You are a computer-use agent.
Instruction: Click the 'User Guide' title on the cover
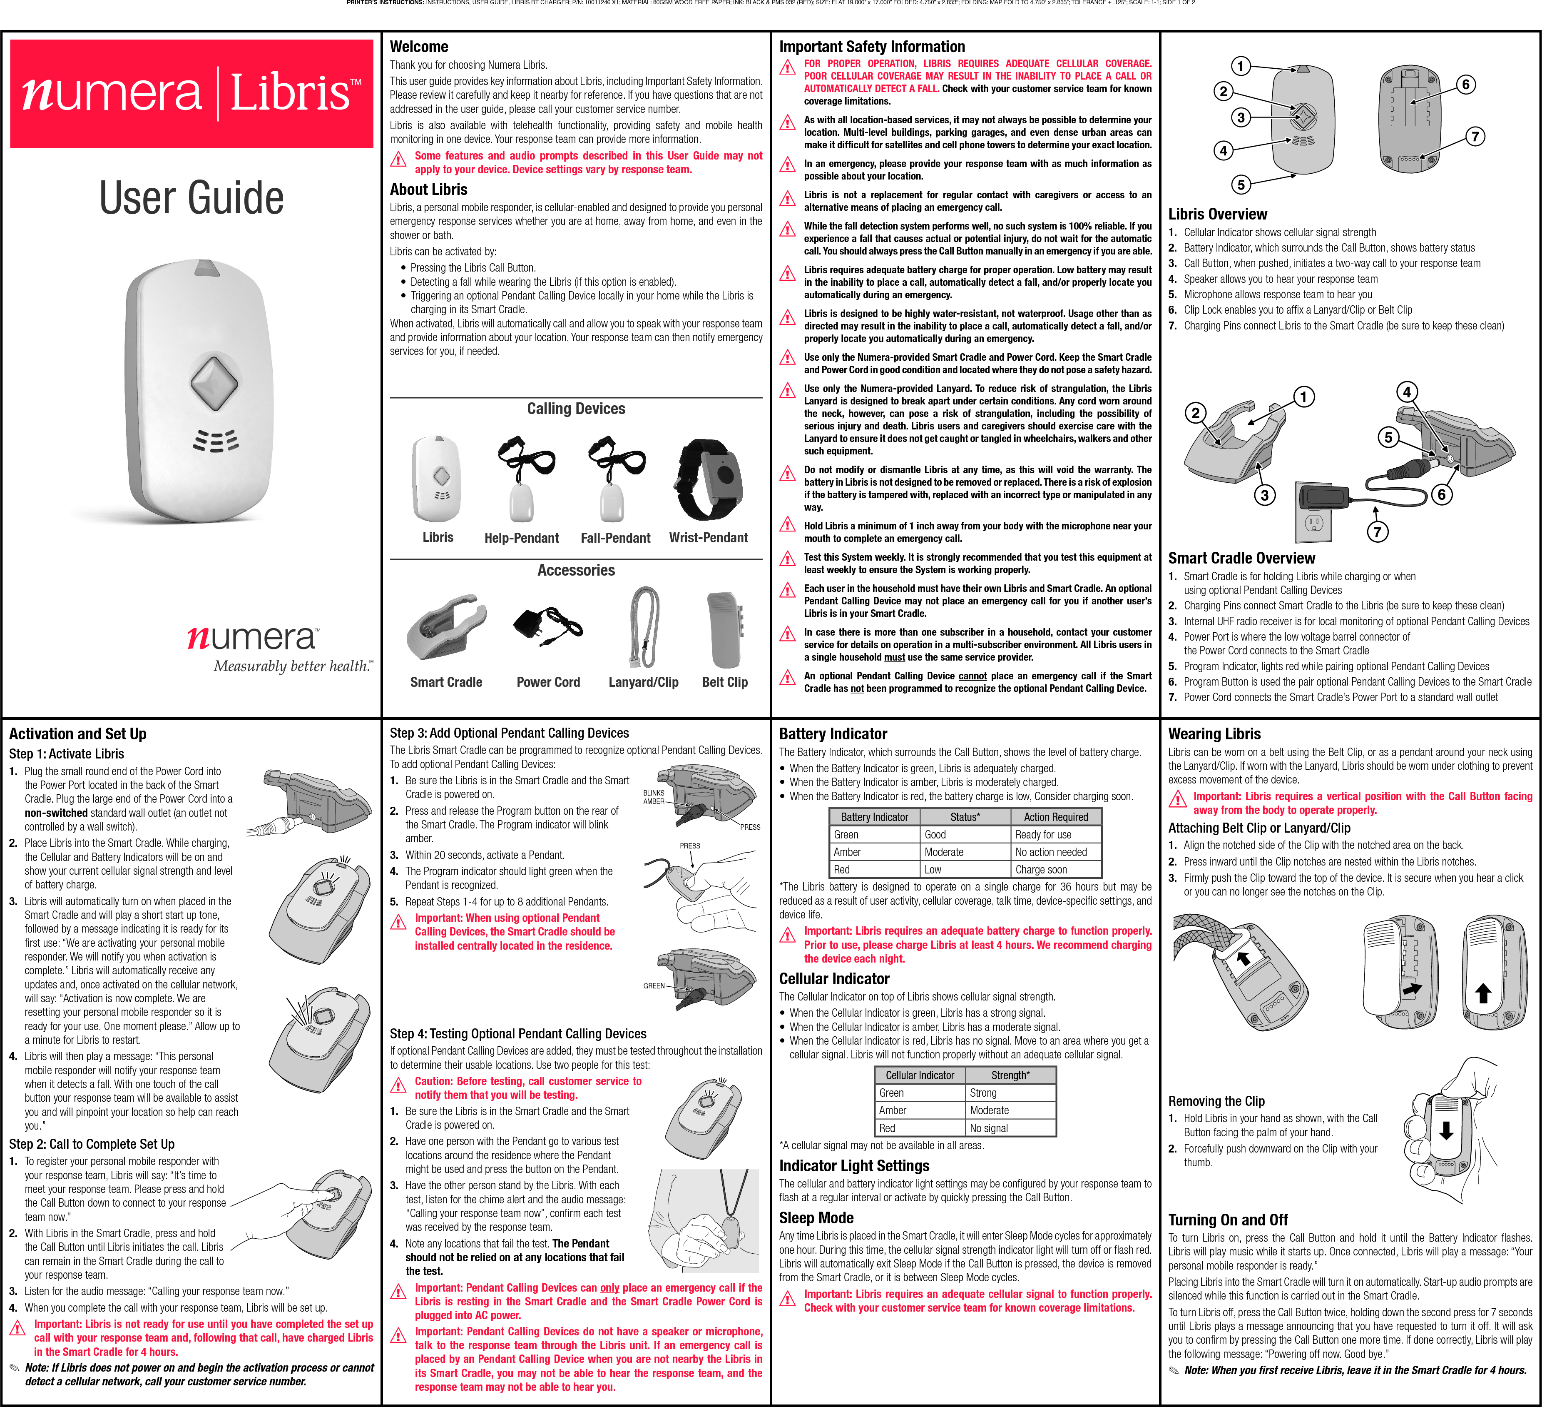191,198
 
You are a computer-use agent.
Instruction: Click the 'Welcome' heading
419,47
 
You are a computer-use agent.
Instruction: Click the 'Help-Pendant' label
522,538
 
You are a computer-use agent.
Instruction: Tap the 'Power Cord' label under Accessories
548,682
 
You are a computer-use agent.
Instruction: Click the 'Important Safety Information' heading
872,47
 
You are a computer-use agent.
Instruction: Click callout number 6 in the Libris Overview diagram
1465,84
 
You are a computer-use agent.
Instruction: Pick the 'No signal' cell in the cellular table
989,1128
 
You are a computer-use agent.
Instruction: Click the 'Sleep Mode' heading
816,1218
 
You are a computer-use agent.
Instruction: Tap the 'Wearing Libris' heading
1214,734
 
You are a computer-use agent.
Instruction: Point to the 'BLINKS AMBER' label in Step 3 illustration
654,797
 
